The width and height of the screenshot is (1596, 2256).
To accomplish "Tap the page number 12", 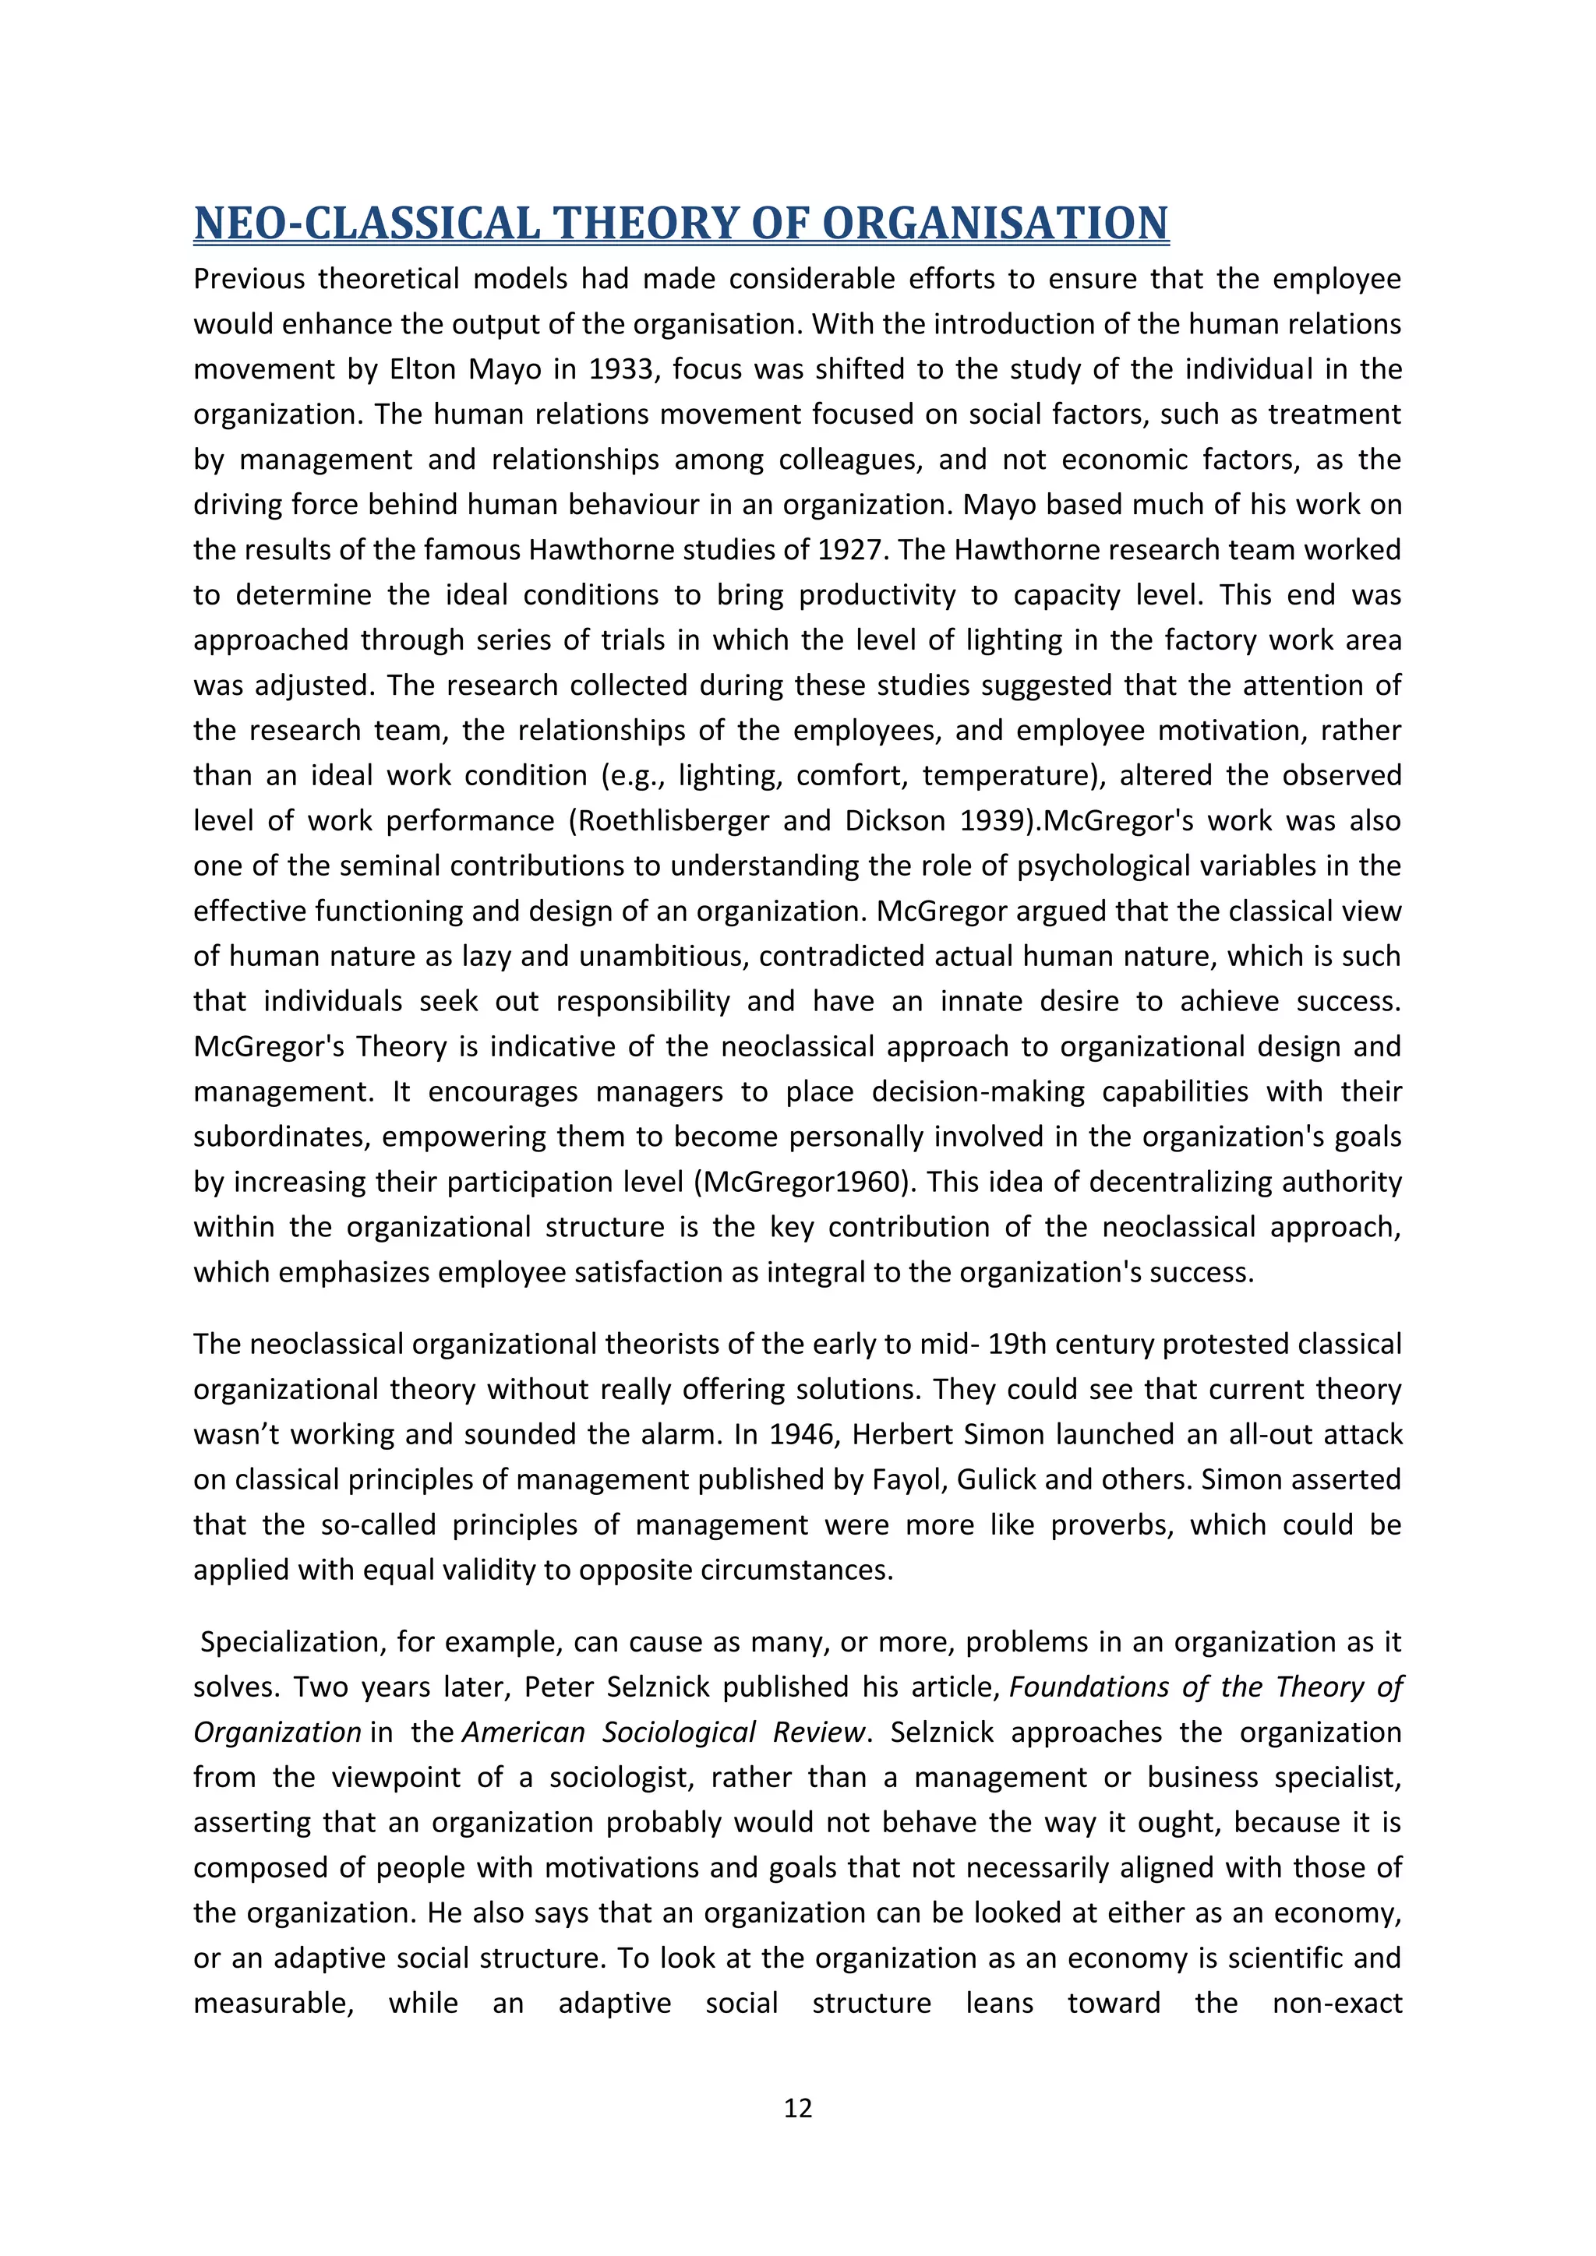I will tap(797, 2108).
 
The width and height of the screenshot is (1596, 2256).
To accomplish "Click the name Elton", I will tap(425, 369).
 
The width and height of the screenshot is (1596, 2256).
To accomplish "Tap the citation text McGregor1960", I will tap(802, 1182).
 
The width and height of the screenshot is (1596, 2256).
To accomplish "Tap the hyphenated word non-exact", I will tap(1336, 2004).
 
